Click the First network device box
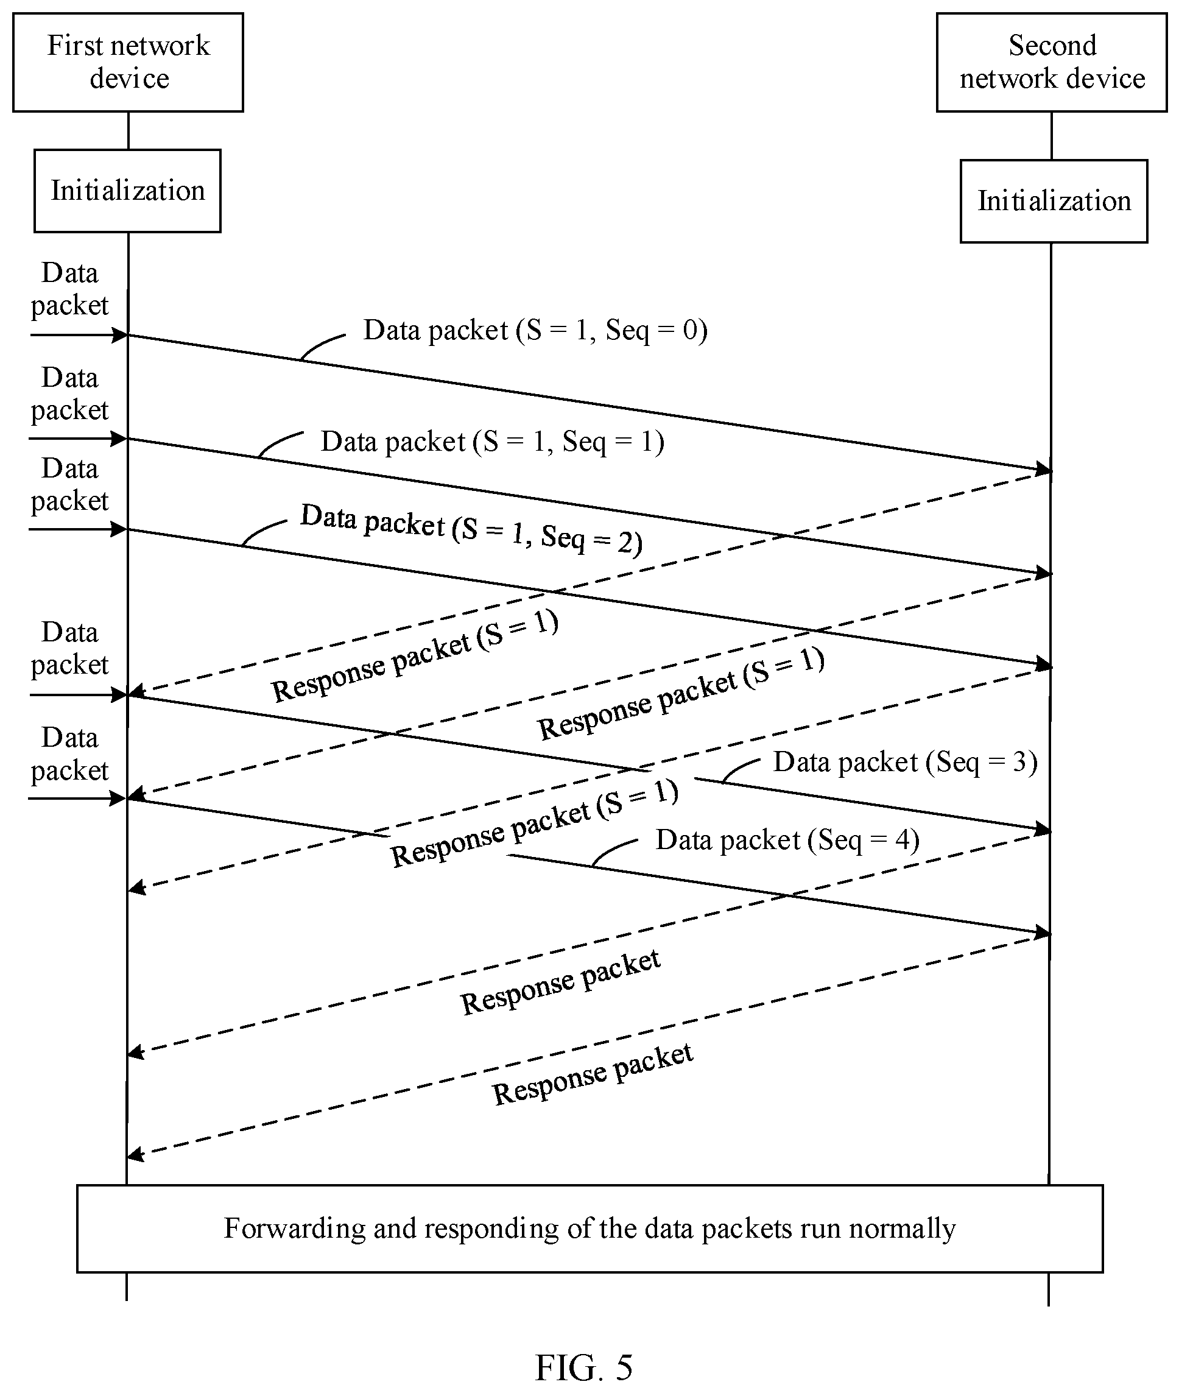click(128, 62)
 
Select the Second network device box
click(1051, 62)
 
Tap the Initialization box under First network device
click(128, 191)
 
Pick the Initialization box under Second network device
click(1054, 200)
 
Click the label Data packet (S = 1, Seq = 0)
click(535, 330)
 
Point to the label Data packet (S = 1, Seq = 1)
click(493, 442)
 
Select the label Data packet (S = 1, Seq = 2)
click(471, 529)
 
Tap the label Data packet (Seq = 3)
click(905, 762)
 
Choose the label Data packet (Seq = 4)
click(787, 840)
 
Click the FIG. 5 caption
click(583, 1367)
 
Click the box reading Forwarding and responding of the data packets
click(589, 1229)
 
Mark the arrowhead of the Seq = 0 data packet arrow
click(1044, 469)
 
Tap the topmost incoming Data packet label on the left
click(69, 289)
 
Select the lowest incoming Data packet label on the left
click(69, 754)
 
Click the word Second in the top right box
click(1053, 46)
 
